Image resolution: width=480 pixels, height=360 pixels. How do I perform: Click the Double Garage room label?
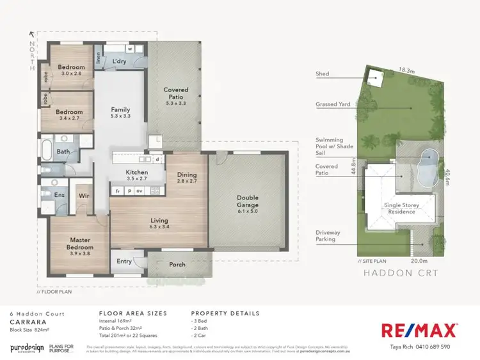pyautogui.click(x=247, y=201)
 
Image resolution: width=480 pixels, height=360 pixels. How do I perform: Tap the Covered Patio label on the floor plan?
pyautogui.click(x=175, y=94)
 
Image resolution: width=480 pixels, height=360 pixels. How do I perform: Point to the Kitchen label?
pyautogui.click(x=137, y=173)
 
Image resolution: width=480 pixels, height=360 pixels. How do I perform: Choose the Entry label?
pyautogui.click(x=124, y=261)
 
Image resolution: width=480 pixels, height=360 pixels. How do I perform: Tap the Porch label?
pyautogui.click(x=177, y=264)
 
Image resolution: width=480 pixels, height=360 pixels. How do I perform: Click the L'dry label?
pyautogui.click(x=120, y=61)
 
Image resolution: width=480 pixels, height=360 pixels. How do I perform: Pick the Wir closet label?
pyautogui.click(x=83, y=196)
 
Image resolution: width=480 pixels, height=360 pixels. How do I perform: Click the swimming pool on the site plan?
pyautogui.click(x=426, y=165)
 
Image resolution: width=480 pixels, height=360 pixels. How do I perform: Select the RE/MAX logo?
pyautogui.click(x=419, y=330)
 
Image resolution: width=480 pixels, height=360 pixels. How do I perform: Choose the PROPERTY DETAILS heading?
pyautogui.click(x=225, y=313)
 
